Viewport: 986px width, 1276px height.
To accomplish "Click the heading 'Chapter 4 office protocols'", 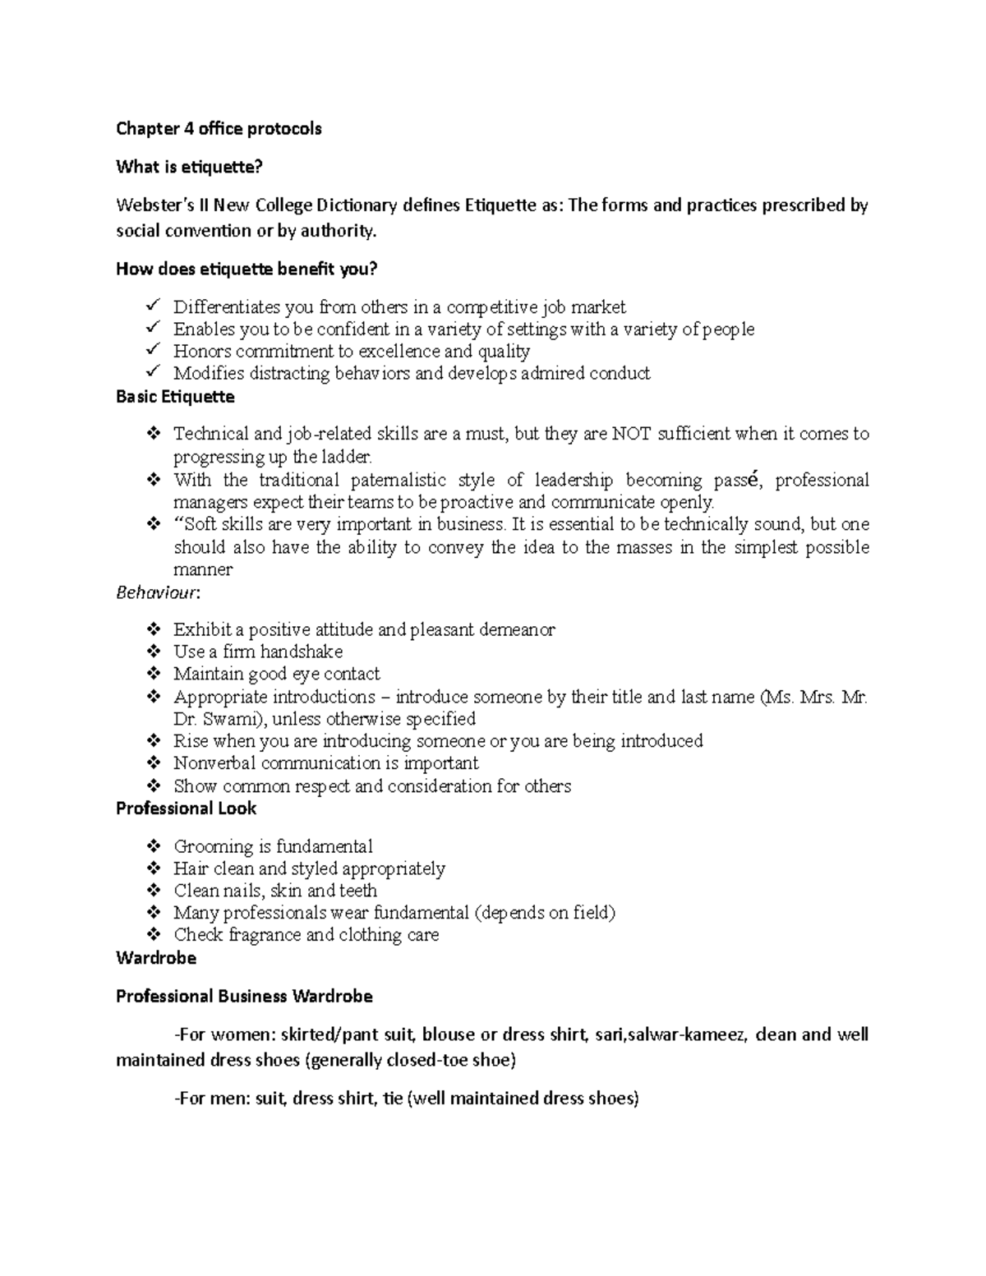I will point(219,129).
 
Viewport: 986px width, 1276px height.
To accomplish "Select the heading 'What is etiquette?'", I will point(189,168).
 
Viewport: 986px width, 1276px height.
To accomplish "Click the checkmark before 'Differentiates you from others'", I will point(153,306).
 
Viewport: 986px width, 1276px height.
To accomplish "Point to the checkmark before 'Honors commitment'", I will point(153,351).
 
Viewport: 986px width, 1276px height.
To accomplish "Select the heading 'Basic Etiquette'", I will point(175,397).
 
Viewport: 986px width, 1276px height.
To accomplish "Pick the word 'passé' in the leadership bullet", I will point(739,480).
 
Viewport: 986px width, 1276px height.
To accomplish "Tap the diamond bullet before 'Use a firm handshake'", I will point(153,652).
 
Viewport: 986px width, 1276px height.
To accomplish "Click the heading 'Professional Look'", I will point(186,808).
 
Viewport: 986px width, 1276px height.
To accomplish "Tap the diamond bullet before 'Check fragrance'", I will point(153,935).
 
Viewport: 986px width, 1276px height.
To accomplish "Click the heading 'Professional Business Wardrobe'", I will point(244,997).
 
